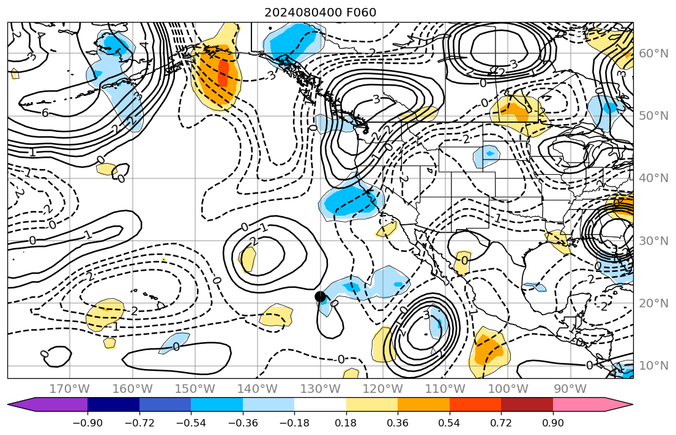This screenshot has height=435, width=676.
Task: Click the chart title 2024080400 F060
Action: pos(320,12)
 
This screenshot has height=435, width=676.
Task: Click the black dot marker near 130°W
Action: pos(320,296)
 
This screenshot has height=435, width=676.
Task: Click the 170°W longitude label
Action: pos(70,389)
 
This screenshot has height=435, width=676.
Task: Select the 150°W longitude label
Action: pos(195,389)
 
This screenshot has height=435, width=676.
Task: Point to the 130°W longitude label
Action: pos(320,389)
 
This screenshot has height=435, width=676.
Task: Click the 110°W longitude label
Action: pos(445,389)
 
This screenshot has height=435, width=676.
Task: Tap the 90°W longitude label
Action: pos(570,389)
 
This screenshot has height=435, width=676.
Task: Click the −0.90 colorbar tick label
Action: pos(87,424)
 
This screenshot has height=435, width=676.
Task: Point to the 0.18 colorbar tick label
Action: pos(346,424)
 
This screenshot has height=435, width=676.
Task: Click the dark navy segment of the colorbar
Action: pos(113,404)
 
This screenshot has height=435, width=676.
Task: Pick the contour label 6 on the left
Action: pos(45,113)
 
